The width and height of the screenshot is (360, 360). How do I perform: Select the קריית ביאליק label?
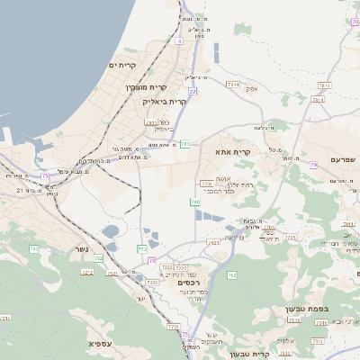coord(164,102)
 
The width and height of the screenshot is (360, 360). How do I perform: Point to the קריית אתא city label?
coord(232,152)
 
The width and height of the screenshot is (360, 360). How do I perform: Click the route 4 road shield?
coord(179,41)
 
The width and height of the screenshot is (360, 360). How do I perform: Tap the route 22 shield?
coord(193,91)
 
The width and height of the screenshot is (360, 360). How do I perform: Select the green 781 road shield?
coord(184,143)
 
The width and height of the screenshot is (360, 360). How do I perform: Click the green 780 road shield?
coord(195,202)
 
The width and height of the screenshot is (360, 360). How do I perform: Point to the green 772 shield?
coord(142,247)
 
